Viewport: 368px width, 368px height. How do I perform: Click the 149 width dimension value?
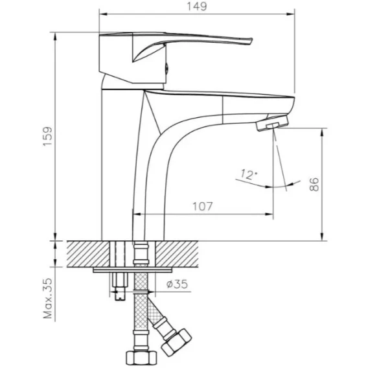point(197,6)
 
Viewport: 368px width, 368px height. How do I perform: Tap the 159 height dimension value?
point(48,137)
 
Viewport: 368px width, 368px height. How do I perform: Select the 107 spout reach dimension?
point(203,207)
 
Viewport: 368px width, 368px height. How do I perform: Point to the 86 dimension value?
point(314,184)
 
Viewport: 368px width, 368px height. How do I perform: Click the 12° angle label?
point(249,175)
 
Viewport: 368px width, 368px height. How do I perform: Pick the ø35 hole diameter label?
point(177,284)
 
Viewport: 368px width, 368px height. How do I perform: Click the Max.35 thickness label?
point(48,298)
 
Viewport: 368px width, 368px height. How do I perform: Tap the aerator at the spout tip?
point(272,122)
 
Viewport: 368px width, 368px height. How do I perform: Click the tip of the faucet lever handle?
point(251,41)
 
